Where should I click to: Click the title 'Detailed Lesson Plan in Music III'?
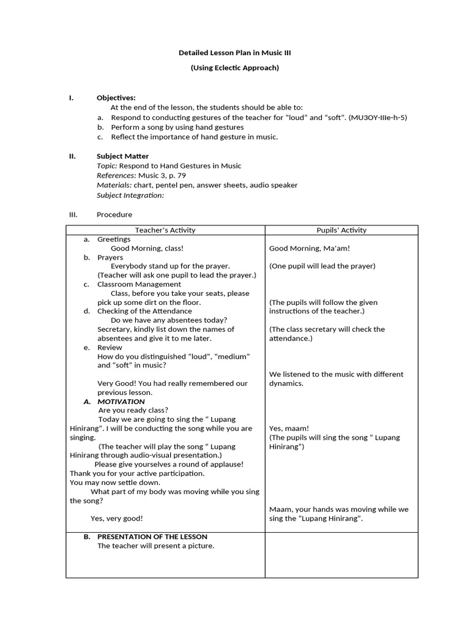(234, 53)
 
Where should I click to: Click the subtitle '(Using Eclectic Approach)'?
(234, 68)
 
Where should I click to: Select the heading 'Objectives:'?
(116, 98)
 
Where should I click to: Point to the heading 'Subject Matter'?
(122, 156)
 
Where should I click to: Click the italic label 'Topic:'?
(107, 166)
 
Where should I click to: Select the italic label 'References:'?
(116, 176)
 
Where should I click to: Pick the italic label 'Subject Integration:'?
(130, 195)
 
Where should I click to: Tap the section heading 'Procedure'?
(114, 215)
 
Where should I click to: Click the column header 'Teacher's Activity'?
(165, 230)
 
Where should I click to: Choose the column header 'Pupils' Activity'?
(341, 230)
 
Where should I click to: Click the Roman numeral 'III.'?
(73, 215)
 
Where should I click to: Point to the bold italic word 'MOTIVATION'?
(121, 402)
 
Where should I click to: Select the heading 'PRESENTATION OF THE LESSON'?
(152, 537)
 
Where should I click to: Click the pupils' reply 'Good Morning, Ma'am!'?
(310, 249)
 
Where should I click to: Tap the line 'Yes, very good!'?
(117, 519)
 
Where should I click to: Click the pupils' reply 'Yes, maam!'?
(289, 429)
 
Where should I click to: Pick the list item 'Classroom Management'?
(139, 284)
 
